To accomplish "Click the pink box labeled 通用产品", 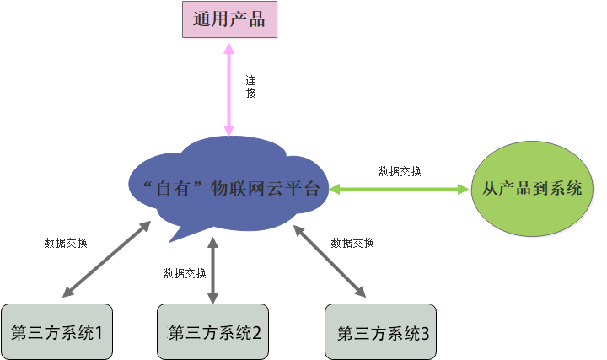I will pos(228,20).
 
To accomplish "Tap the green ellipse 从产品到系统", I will pos(531,189).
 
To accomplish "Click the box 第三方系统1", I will pos(56,331).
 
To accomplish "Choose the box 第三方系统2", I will pos(213,331).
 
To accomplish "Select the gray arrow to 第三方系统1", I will pos(106,260).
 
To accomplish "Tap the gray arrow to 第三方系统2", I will pos(213,270).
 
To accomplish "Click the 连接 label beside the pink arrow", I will pos(250,88).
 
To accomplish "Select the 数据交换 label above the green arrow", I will pos(400,171).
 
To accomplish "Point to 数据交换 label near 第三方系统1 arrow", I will pos(65,243).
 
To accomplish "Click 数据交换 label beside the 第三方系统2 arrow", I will pos(185,273).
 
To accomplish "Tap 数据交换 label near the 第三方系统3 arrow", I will pos(352,243).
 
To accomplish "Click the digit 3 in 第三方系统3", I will pos(424,332).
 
